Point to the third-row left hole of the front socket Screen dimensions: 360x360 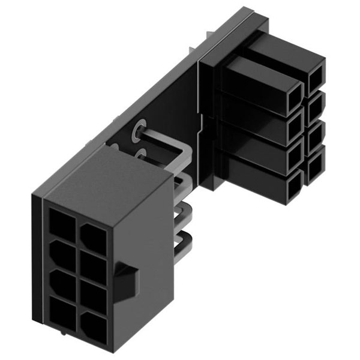pyautogui.click(x=62, y=283)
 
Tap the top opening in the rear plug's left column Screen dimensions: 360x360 pyautogui.click(x=294, y=96)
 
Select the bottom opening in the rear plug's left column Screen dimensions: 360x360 pyautogui.click(x=294, y=188)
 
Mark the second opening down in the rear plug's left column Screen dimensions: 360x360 pyautogui.click(x=294, y=127)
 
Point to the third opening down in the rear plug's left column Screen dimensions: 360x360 pyautogui.click(x=294, y=157)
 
